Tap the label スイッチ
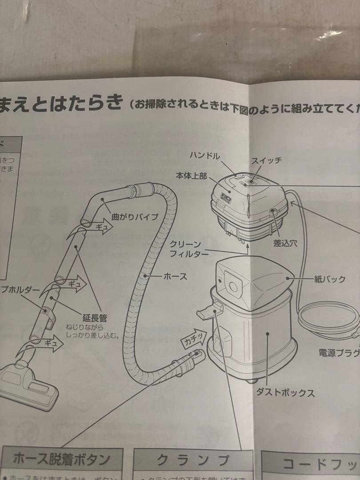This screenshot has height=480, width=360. click(267, 160)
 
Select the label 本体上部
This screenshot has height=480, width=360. click(191, 176)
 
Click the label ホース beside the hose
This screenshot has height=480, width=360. click(175, 276)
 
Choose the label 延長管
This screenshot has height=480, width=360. click(94, 318)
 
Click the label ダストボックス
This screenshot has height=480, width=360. click(285, 392)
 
